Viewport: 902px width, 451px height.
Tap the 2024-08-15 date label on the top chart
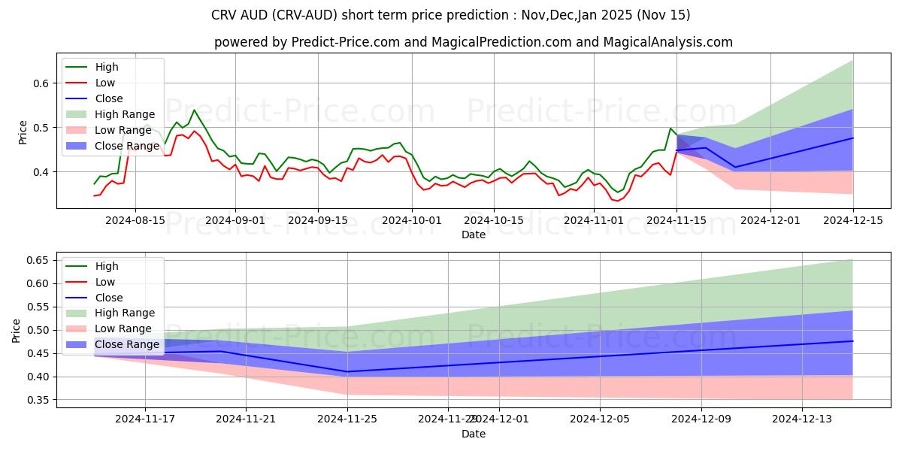click(x=135, y=220)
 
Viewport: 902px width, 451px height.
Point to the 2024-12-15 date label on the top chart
click(x=853, y=220)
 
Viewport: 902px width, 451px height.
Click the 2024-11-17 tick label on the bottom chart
click(x=144, y=419)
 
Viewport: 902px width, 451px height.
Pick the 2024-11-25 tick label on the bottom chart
click(x=347, y=419)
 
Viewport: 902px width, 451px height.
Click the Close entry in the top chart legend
click(x=109, y=98)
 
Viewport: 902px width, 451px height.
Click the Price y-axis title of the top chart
click(x=23, y=132)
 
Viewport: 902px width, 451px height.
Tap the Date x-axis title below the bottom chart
click(x=474, y=434)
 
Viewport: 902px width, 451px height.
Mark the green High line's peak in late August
click(x=194, y=110)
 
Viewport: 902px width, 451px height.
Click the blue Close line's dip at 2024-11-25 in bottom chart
click(x=347, y=371)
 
